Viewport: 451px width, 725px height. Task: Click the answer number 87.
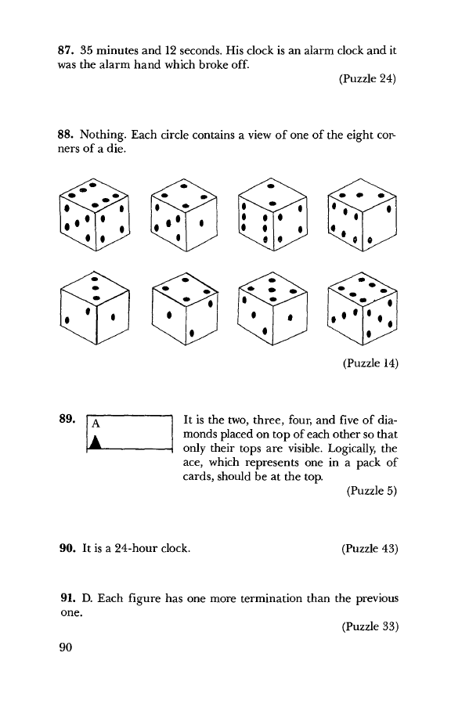click(67, 50)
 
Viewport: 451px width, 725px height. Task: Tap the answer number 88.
click(66, 135)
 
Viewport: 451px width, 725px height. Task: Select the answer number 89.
click(67, 419)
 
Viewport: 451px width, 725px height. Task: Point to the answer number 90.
click(67, 548)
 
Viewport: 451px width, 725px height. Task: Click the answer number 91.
click(68, 598)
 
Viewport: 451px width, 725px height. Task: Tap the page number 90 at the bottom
click(66, 647)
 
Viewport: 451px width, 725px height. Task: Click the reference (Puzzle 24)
click(368, 78)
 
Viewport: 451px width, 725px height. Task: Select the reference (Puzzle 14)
click(370, 363)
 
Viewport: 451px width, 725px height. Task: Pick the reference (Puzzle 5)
click(372, 491)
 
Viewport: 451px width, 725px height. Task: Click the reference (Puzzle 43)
click(370, 549)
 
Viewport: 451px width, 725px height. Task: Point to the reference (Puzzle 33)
click(370, 626)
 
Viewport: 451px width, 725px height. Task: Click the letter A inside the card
click(96, 423)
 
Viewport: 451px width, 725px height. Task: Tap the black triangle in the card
click(96, 442)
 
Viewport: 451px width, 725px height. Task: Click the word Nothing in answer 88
click(103, 135)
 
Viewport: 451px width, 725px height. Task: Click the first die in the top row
click(95, 215)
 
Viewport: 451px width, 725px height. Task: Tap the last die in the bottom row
click(363, 308)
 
